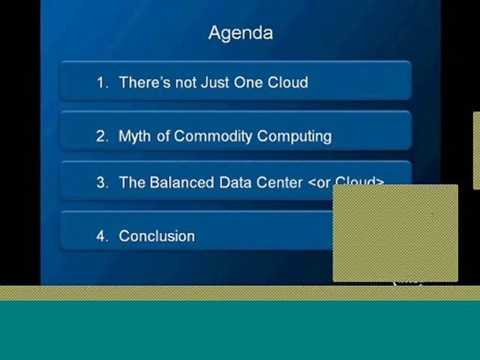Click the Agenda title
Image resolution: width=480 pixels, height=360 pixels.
(x=240, y=33)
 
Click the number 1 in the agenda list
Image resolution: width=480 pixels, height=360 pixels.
(x=102, y=82)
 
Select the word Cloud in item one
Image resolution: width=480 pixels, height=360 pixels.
(x=287, y=82)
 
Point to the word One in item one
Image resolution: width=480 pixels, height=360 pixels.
(x=248, y=82)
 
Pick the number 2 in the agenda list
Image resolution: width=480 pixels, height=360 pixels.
(x=102, y=136)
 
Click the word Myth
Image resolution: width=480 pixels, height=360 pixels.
(x=135, y=136)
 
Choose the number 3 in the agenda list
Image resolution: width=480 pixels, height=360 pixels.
(x=102, y=182)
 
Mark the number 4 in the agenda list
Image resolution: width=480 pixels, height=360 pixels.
(x=102, y=236)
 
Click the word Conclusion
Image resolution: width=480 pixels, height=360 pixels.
(x=156, y=236)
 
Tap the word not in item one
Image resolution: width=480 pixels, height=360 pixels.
(x=186, y=82)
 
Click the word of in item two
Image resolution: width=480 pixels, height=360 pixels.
(x=163, y=136)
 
